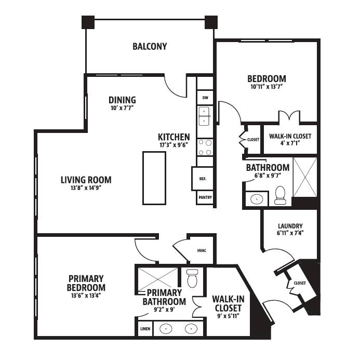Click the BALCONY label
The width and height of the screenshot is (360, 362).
click(x=150, y=46)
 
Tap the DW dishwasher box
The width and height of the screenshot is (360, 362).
click(x=205, y=98)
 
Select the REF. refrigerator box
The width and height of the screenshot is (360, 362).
click(x=203, y=179)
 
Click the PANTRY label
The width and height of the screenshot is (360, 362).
click(x=205, y=197)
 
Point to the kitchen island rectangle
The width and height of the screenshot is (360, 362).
click(x=154, y=178)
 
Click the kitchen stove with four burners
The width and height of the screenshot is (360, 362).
click(x=205, y=148)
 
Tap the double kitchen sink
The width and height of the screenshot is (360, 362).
click(x=204, y=116)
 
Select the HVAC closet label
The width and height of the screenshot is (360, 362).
click(x=202, y=250)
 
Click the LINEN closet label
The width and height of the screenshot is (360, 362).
click(x=145, y=329)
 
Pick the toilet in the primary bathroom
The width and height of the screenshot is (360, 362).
click(x=192, y=278)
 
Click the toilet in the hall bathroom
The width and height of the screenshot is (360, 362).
click(x=280, y=195)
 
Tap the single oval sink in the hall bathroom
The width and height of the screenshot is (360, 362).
click(x=257, y=199)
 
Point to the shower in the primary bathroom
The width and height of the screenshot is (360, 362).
click(x=158, y=279)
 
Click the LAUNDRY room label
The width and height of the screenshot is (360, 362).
click(x=290, y=226)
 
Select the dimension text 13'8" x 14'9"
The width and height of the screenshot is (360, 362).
click(x=86, y=188)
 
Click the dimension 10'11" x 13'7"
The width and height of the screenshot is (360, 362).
click(x=266, y=87)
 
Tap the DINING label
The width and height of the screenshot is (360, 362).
click(x=122, y=100)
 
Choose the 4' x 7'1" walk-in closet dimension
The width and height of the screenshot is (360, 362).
click(x=290, y=143)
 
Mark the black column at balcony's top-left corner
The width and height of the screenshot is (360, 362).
click(x=88, y=22)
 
